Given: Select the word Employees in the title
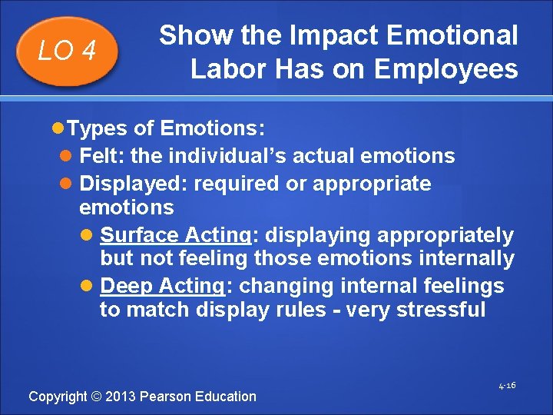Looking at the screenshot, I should [446, 69].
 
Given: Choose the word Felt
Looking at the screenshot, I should [102, 156].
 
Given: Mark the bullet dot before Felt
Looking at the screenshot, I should [67, 157].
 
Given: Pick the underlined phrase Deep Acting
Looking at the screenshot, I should [161, 286].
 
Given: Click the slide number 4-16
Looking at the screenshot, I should [506, 385].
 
